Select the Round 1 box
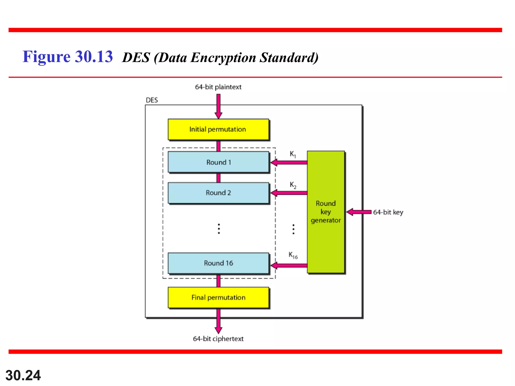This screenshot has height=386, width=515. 218,162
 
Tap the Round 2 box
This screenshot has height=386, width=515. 218,193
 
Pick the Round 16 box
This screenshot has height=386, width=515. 218,263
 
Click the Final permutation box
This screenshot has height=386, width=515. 218,298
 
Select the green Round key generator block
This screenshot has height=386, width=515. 326,212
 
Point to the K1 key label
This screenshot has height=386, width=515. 293,154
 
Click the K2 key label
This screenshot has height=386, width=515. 293,185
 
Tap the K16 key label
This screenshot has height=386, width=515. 293,255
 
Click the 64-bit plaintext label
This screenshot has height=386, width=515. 218,87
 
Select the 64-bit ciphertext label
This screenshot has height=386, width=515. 218,339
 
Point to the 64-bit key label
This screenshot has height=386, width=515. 388,212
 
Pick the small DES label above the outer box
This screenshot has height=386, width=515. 152,100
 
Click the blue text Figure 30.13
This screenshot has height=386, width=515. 68,57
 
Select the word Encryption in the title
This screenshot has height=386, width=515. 223,58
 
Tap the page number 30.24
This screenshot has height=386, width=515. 23,375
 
